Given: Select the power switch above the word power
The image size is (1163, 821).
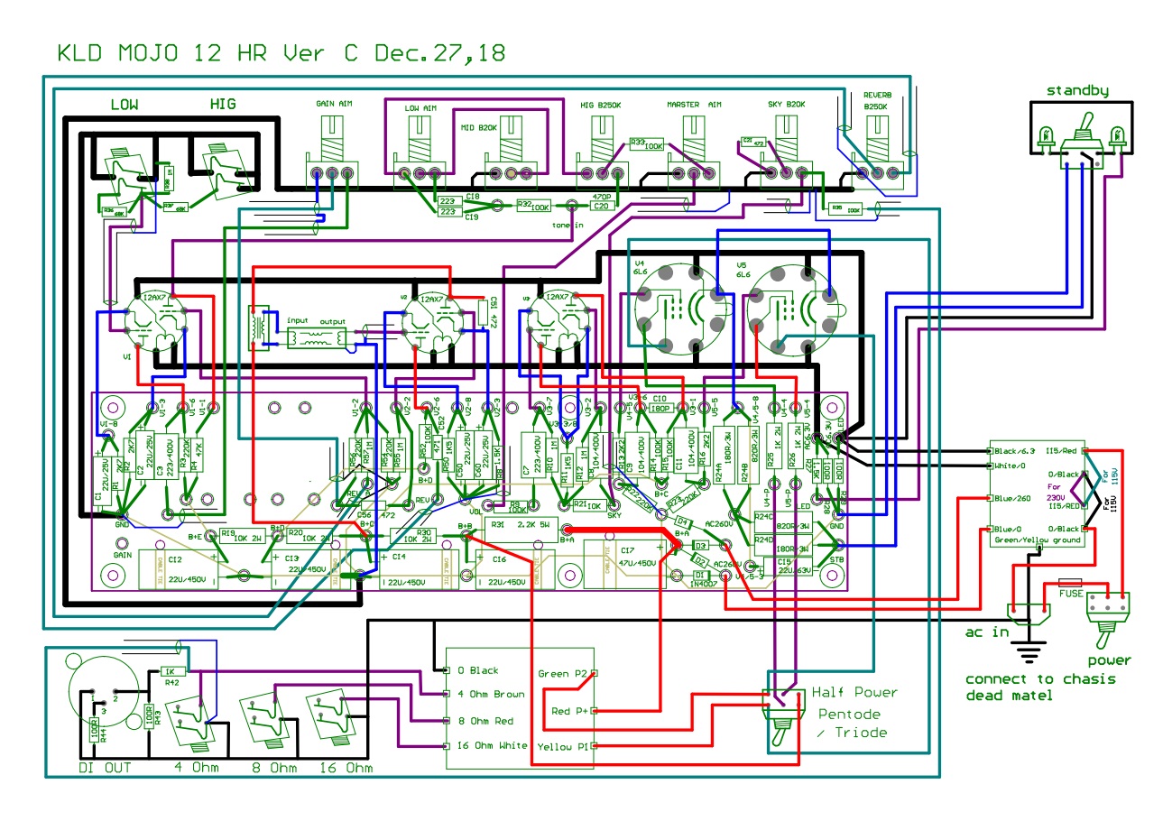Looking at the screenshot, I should coord(1110,613).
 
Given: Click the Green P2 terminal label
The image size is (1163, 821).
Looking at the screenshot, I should coord(565,674).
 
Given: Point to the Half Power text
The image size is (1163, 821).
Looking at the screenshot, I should coord(854,692).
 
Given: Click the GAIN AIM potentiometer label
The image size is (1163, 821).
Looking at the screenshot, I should coord(335,105).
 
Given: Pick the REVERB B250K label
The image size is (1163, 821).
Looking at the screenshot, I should coord(876,100).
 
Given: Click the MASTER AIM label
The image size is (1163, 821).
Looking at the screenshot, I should coord(695,105).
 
